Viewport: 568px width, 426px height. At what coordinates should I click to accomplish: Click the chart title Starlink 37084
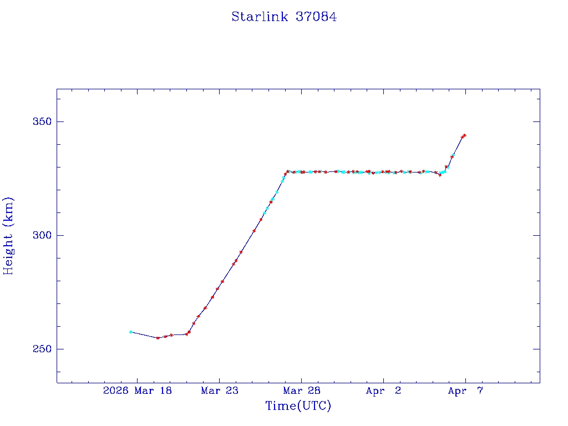pyautogui.click(x=284, y=17)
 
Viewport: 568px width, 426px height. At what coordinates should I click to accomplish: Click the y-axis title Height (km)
pyautogui.click(x=8, y=236)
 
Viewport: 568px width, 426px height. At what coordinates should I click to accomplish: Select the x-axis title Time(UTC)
pyautogui.click(x=298, y=406)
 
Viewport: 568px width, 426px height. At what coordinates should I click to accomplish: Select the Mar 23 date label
pyautogui.click(x=220, y=391)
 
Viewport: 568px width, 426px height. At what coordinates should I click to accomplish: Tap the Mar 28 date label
pyautogui.click(x=302, y=391)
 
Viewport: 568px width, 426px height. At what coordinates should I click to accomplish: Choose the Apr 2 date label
pyautogui.click(x=383, y=391)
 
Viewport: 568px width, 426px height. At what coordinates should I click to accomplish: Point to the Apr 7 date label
pyautogui.click(x=465, y=391)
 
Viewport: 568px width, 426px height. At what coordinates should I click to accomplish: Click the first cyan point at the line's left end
pyautogui.click(x=131, y=332)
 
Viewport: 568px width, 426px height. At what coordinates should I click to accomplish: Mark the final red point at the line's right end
pyautogui.click(x=464, y=135)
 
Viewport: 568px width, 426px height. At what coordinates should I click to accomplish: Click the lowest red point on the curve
pyautogui.click(x=158, y=338)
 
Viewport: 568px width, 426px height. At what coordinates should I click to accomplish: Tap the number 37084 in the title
pyautogui.click(x=316, y=17)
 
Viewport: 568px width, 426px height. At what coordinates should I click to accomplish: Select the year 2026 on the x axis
pyautogui.click(x=115, y=391)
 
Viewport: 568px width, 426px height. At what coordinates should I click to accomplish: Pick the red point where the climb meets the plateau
pyautogui.click(x=287, y=171)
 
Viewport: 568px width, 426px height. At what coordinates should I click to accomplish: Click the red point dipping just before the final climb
pyautogui.click(x=440, y=175)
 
